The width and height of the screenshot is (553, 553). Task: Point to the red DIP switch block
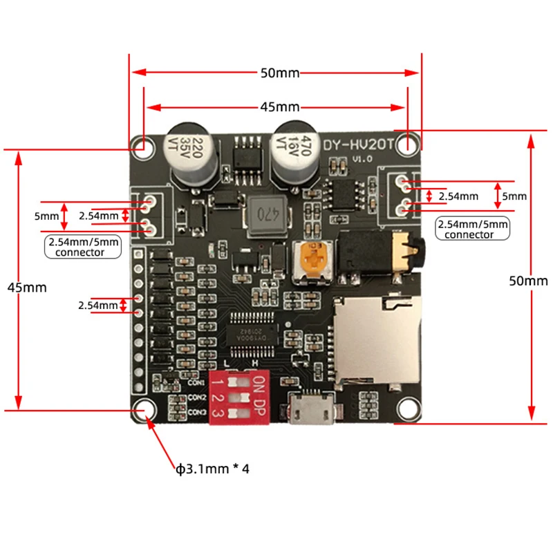pos(239,399)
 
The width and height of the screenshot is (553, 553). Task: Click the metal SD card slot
pos(376,339)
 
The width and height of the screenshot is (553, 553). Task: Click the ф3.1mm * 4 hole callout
pos(212,469)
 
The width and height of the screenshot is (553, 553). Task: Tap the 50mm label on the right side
pos(528,281)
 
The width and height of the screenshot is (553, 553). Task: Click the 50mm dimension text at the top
pos(275,71)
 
